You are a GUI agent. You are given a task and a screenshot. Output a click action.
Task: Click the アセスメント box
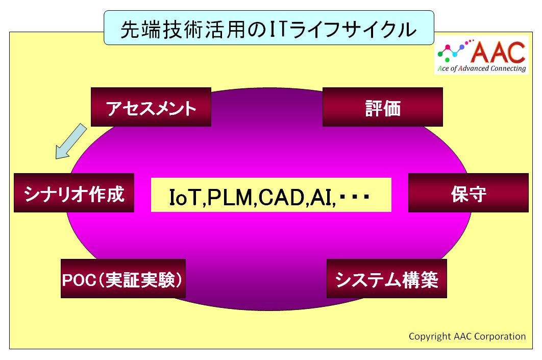coord(151,107)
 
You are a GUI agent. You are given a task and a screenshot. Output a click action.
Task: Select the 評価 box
coord(383,107)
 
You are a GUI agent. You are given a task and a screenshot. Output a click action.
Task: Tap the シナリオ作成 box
coord(74,193)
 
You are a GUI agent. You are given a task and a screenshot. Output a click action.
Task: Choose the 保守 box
coord(469,193)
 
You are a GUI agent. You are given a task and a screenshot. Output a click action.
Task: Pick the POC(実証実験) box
coord(124,278)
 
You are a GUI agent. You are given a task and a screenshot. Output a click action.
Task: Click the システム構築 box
coord(387,278)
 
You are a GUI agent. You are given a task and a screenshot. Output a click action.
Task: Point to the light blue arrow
coord(71,141)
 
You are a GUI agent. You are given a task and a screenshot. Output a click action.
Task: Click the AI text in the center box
coord(321,197)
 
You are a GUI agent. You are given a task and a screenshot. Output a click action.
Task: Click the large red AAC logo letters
coord(498,52)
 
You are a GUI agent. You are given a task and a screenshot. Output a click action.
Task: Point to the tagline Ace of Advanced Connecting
coord(482,68)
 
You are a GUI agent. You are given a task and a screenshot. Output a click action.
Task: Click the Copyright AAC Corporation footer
coord(467,336)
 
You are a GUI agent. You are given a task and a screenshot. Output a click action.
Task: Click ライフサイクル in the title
coord(352,30)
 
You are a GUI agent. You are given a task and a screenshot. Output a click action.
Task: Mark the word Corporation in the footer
coord(500,336)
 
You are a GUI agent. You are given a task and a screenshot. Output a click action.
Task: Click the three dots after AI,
coord(355,197)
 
